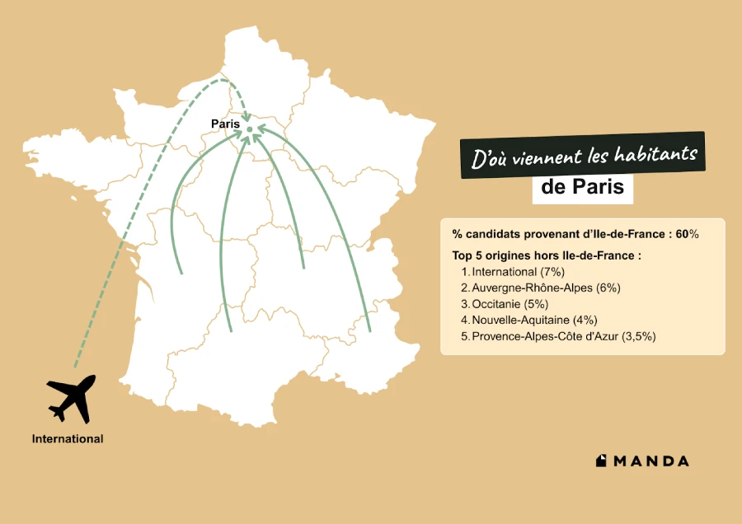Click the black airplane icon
pos(72,398)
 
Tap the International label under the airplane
pos(68,439)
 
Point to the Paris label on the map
pos(225,124)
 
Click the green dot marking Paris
pos(249,130)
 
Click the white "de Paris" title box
pos(583,188)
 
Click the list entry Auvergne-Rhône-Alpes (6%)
pos(546,288)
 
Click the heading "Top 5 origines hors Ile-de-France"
pos(547,255)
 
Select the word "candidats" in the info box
pos(494,235)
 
